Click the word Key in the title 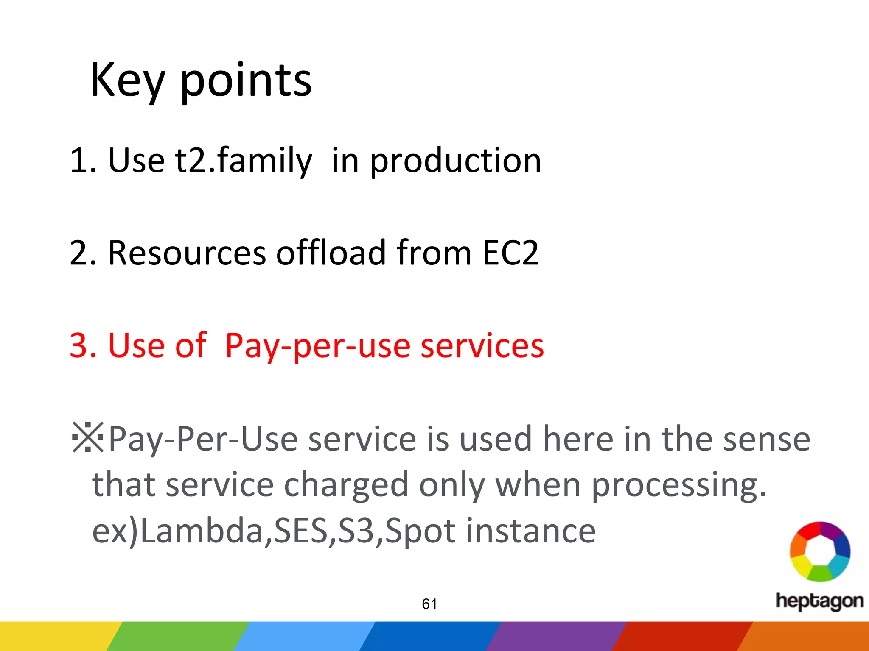[127, 81]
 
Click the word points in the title [246, 81]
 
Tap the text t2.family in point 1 [244, 161]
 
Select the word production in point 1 [456, 161]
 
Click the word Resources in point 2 [187, 253]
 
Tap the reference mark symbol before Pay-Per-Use [88, 437]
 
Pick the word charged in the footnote [345, 485]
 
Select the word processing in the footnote [678, 486]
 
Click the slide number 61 [429, 604]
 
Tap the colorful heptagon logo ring [820, 551]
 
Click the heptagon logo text [819, 601]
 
